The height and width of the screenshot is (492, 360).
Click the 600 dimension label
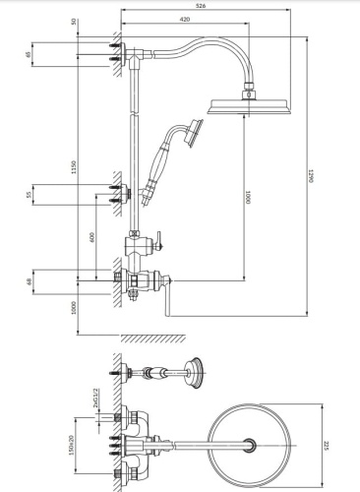pos(92,237)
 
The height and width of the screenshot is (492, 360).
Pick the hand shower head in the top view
pos(199,373)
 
